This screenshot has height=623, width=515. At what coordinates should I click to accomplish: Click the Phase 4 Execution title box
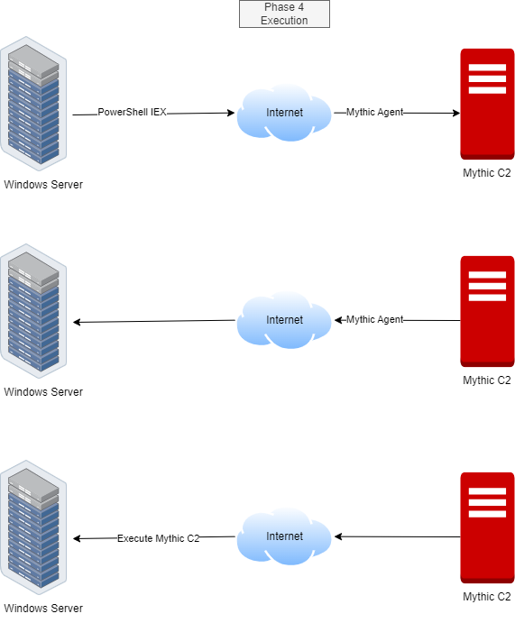click(284, 14)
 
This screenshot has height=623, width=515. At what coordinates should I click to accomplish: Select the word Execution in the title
click(284, 21)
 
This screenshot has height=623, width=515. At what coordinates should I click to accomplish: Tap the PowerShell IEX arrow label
click(132, 112)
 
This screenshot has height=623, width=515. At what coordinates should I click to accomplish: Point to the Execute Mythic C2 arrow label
click(158, 538)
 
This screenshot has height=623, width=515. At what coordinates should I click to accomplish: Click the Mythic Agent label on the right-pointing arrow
click(374, 112)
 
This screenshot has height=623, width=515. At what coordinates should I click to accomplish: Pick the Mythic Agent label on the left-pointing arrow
click(374, 319)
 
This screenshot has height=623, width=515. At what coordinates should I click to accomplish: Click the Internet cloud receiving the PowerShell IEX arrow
click(284, 113)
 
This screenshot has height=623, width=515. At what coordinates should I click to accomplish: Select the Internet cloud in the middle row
click(284, 320)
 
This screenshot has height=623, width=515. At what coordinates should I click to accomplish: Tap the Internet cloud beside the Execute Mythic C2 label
click(284, 536)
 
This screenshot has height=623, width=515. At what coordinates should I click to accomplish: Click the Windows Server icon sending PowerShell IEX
click(33, 104)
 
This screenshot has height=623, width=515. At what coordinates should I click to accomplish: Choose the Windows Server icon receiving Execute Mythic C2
click(33, 527)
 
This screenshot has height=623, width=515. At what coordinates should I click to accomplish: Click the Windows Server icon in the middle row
click(33, 311)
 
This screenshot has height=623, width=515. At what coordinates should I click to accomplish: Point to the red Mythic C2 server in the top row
click(487, 104)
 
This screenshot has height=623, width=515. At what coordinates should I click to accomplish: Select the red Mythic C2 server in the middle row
click(487, 312)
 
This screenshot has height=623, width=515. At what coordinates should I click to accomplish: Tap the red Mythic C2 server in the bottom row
click(487, 528)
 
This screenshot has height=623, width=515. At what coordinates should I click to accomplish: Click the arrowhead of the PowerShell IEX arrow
click(231, 113)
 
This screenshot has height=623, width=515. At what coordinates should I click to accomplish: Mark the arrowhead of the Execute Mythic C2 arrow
click(77, 539)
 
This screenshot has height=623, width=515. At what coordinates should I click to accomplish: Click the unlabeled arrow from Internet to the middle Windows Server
click(154, 321)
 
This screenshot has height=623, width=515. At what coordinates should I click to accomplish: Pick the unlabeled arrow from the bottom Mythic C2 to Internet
click(398, 536)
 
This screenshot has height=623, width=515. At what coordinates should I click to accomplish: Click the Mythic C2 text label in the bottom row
click(487, 596)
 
